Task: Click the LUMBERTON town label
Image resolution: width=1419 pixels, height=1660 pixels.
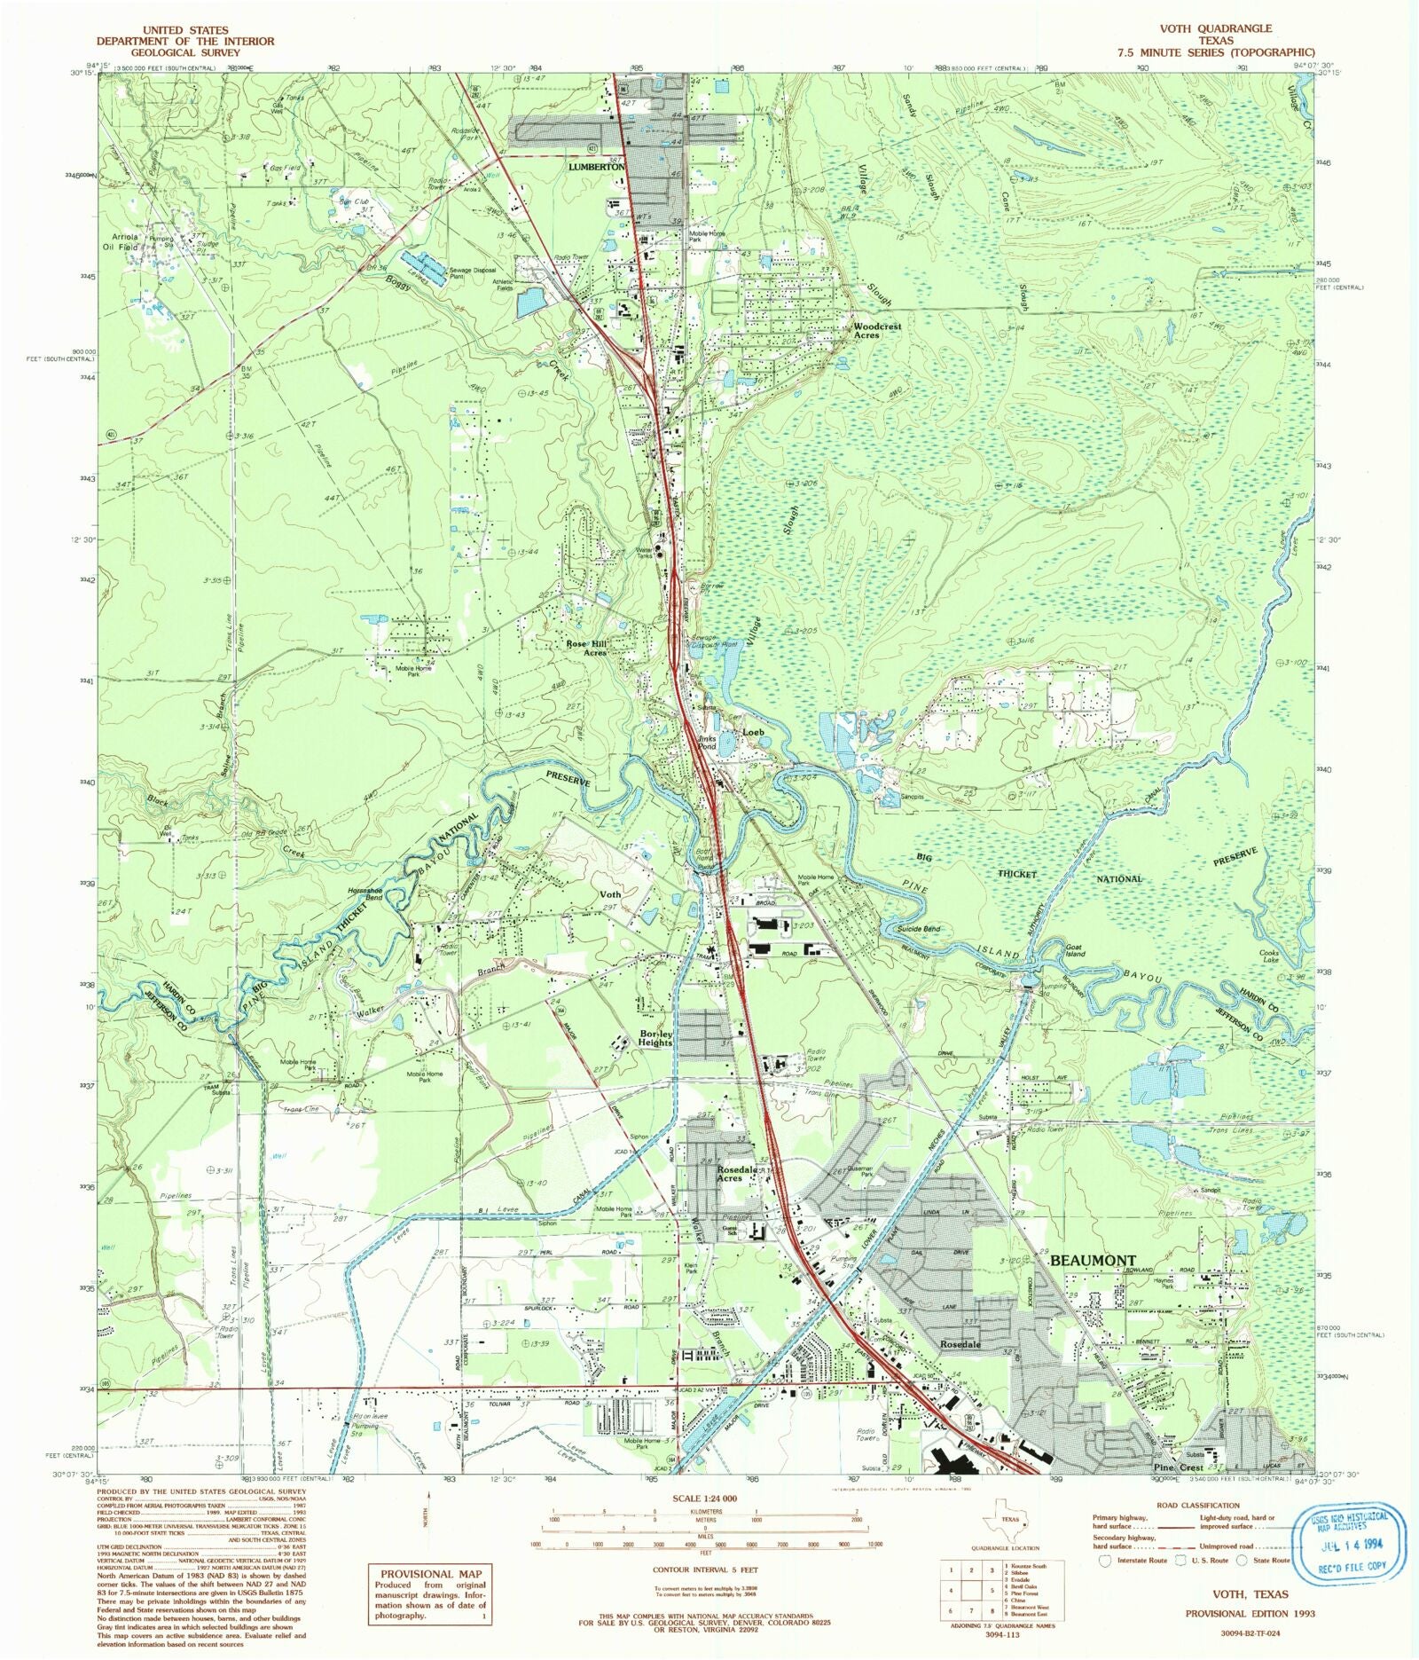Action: (597, 167)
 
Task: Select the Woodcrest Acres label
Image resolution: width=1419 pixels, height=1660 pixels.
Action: (876, 331)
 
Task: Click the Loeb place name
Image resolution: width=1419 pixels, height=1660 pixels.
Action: (753, 733)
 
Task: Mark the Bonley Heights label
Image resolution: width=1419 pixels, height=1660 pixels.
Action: (655, 1038)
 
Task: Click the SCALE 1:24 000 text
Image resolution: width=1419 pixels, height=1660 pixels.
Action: (705, 1499)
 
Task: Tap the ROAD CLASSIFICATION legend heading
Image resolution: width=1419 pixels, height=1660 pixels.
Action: (1198, 1506)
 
